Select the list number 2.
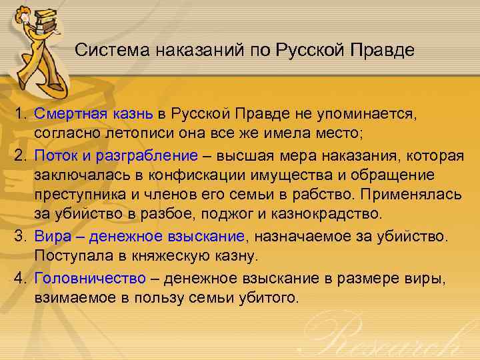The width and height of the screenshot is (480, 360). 22,155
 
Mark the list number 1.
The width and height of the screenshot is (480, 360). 22,114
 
